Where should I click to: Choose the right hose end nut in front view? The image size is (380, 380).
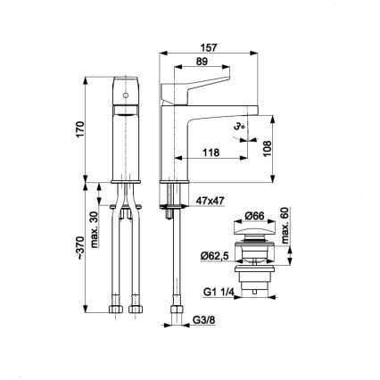[x=136, y=309]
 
